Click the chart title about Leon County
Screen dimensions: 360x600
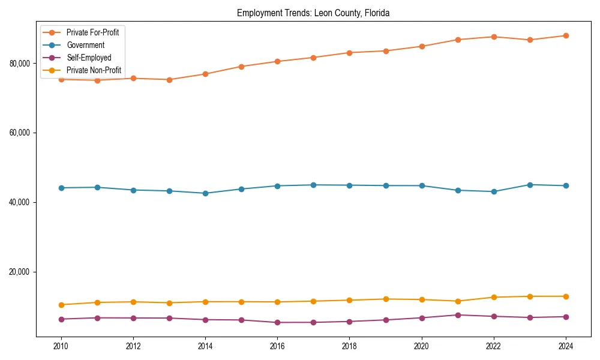tap(313, 13)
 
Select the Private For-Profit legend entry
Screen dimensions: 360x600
tap(92, 32)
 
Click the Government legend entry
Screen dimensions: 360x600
tap(85, 45)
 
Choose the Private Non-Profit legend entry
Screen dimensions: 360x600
tap(94, 70)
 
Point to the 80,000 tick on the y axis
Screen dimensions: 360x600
tap(21, 63)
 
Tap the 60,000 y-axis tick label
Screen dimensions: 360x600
tap(21, 133)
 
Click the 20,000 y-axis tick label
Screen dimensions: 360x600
tap(21, 272)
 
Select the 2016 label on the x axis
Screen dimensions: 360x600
tap(277, 346)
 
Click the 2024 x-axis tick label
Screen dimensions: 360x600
tap(566, 346)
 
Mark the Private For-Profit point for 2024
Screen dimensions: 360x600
tap(566, 35)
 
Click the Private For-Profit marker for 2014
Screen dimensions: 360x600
tap(205, 74)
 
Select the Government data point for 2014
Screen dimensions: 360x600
tap(205, 193)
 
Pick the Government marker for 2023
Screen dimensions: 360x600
tap(530, 185)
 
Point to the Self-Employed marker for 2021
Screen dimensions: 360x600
tap(458, 315)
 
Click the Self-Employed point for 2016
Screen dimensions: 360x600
tap(277, 322)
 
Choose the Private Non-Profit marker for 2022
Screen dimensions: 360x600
tap(494, 297)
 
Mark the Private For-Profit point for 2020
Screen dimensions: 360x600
tap(422, 46)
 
